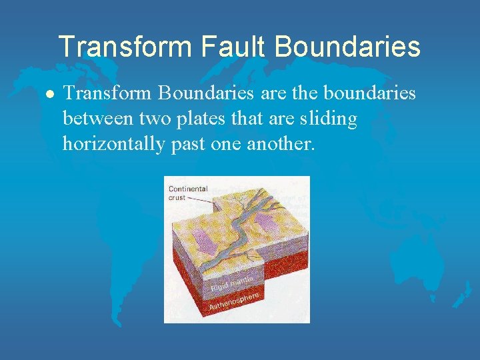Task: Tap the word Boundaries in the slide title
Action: (x=347, y=47)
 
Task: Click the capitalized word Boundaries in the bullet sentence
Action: (x=203, y=94)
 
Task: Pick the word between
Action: (x=97, y=119)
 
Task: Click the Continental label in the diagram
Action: (x=188, y=189)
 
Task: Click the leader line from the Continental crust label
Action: (x=198, y=199)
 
